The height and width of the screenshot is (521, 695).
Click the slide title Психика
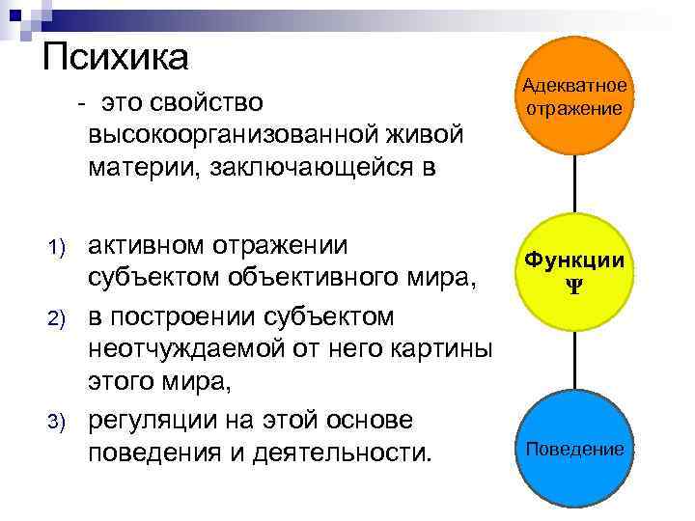tap(116, 56)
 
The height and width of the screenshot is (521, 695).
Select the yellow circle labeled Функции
tap(575, 272)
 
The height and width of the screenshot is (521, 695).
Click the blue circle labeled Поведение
tap(575, 450)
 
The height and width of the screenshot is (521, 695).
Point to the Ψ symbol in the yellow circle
tap(575, 287)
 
